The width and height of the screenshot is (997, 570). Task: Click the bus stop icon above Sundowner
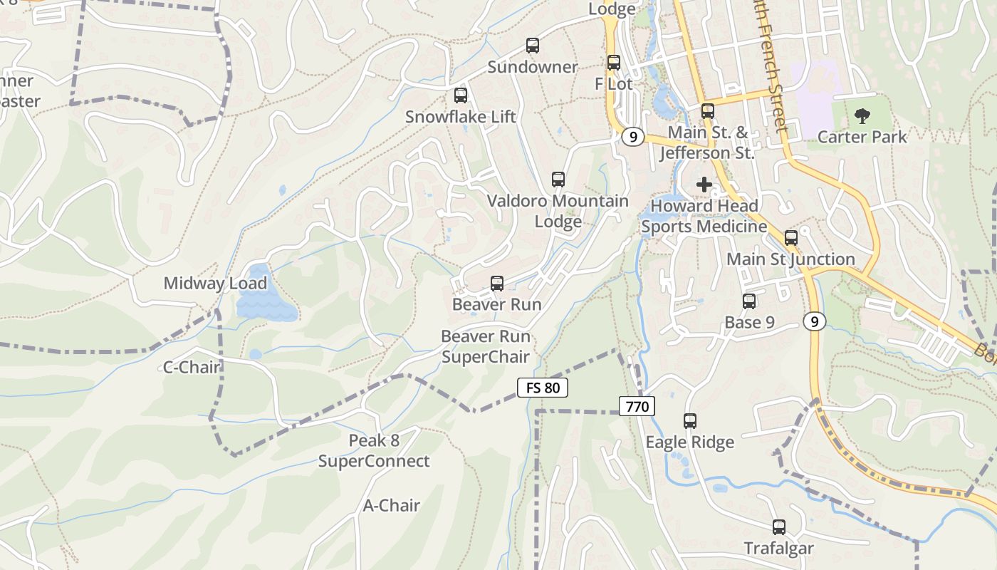[x=532, y=46]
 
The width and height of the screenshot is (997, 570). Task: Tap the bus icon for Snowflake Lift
[x=461, y=95]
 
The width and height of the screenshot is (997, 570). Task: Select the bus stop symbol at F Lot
[x=613, y=63]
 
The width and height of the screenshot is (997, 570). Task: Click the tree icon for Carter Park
[x=862, y=115]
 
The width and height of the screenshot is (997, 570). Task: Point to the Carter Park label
[x=862, y=137]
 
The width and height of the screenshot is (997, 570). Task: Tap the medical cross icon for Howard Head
[x=704, y=185]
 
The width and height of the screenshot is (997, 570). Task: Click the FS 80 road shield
[x=542, y=388]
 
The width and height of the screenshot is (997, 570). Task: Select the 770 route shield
[x=636, y=406]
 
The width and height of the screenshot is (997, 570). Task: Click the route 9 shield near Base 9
[x=814, y=321]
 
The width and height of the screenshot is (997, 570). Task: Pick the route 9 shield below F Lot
[x=632, y=136]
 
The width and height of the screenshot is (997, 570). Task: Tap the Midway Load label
[x=215, y=283]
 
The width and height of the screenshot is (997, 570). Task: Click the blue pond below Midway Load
[x=266, y=305]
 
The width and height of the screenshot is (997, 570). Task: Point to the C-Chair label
[x=192, y=368]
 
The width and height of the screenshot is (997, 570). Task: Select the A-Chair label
[x=392, y=505]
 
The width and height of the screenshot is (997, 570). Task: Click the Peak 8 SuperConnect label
[x=374, y=450]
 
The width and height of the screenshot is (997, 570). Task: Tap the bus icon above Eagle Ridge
[x=689, y=421]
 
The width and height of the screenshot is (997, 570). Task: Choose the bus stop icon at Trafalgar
[x=779, y=527]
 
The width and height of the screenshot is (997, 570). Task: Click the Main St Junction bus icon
[x=790, y=238]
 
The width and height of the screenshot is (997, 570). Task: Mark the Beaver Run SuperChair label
[x=486, y=346]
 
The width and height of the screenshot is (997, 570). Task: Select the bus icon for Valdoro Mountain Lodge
[x=558, y=180]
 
